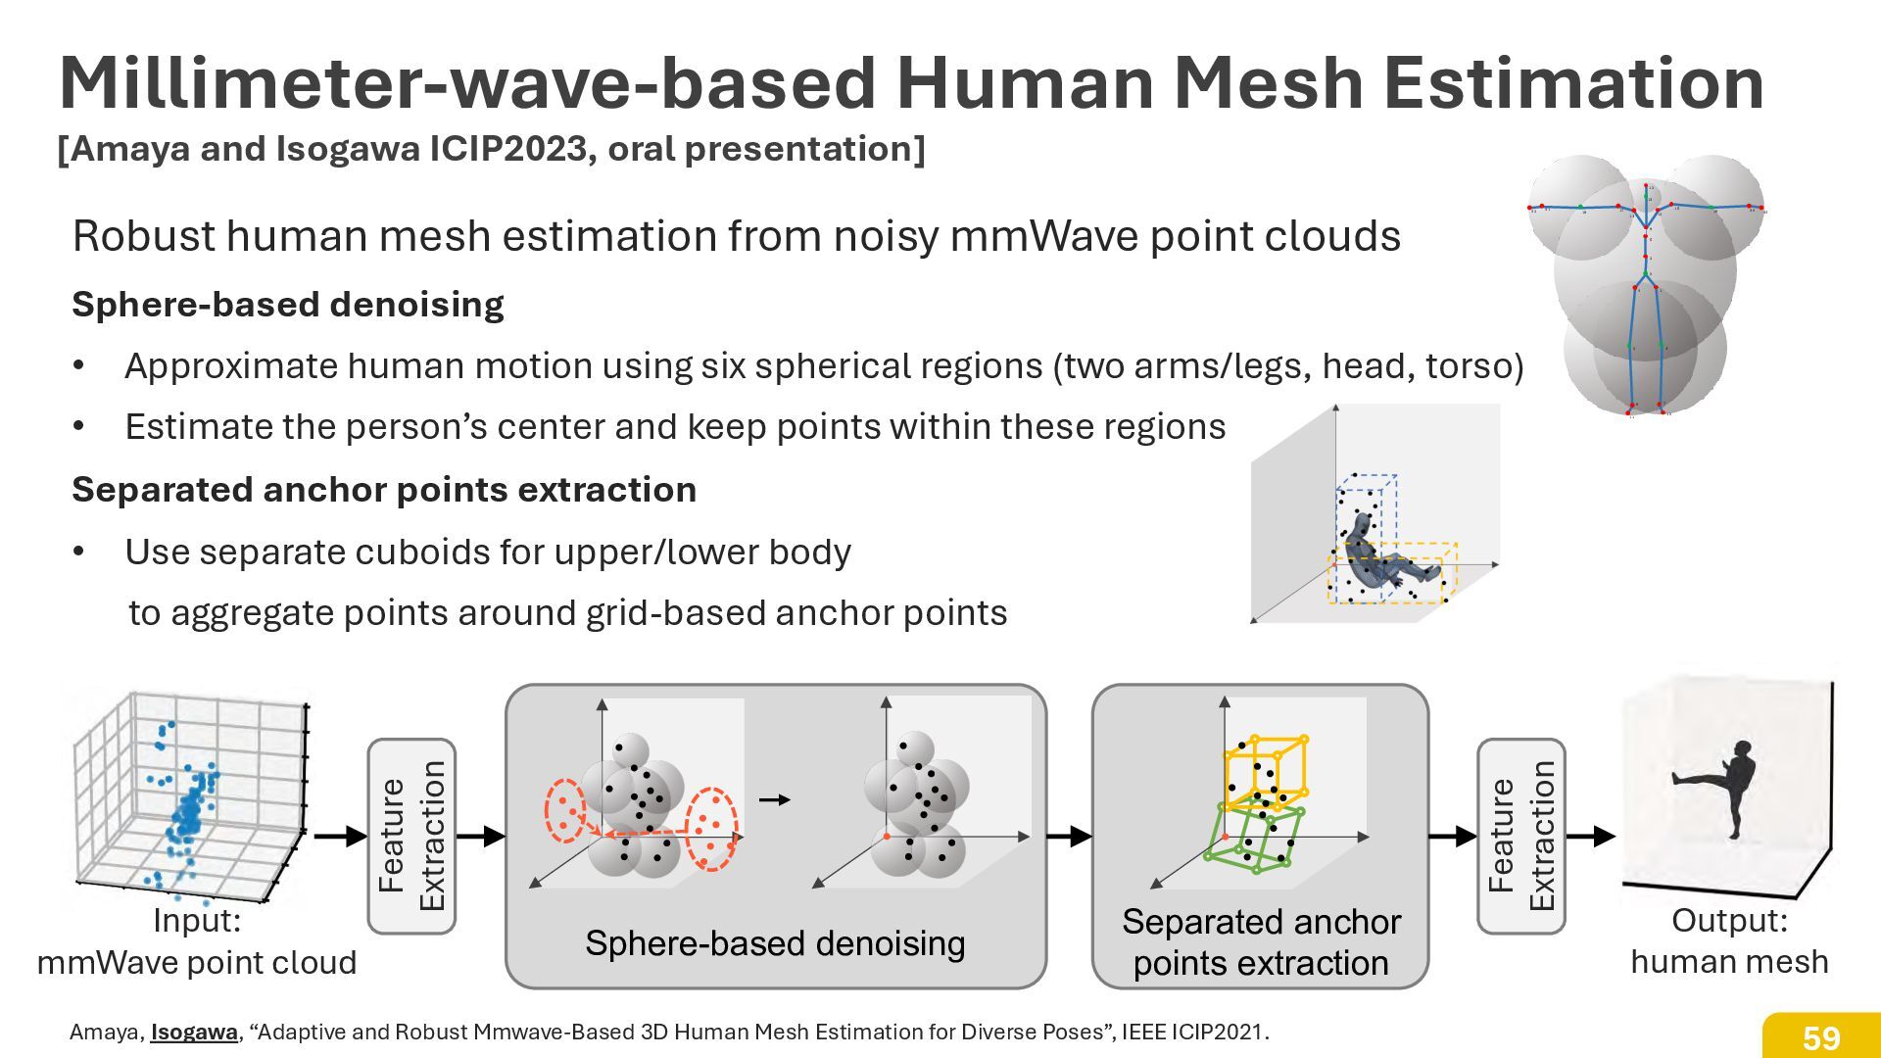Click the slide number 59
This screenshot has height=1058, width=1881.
coord(1821,1037)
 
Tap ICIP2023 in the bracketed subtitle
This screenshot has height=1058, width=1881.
coord(512,149)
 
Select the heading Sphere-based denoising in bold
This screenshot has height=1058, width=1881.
coord(288,305)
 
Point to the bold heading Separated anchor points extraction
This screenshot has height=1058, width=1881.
coord(384,489)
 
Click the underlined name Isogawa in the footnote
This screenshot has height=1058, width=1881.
coord(194,1032)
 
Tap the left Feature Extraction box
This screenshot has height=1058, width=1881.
coord(411,836)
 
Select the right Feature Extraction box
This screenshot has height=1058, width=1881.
coord(1520,836)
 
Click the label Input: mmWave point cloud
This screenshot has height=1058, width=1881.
coord(197,941)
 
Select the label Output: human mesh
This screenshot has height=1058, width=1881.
coord(1729,940)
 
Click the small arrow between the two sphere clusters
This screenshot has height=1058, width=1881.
coord(775,800)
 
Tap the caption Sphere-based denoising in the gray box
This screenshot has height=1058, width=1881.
coord(775,943)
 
